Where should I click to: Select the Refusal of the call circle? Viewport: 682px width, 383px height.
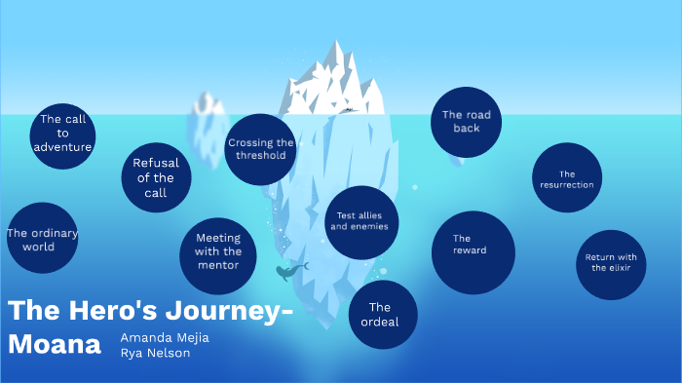tap(156, 177)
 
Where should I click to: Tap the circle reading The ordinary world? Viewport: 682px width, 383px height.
tap(41, 239)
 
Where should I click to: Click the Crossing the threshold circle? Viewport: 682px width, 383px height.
tap(260, 148)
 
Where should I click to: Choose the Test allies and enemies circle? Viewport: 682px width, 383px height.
tap(361, 222)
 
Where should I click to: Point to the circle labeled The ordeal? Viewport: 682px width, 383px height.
tap(382, 315)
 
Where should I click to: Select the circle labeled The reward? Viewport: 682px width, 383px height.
tap(473, 251)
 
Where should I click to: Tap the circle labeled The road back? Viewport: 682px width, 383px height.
tap(467, 122)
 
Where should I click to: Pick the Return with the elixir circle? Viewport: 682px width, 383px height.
tap(611, 264)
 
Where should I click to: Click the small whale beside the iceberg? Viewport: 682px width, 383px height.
tap(289, 271)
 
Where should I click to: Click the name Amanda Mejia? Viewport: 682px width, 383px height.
tap(164, 337)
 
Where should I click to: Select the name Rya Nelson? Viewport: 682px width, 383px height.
tap(156, 353)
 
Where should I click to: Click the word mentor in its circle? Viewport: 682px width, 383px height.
tap(218, 264)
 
